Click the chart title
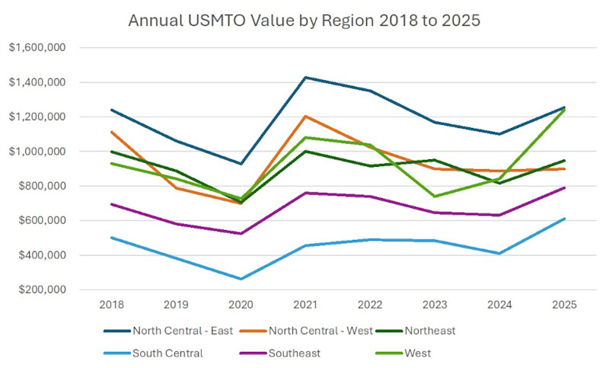point(304,20)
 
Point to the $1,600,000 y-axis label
point(39,48)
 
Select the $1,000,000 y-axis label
point(39,152)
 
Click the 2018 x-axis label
point(111,305)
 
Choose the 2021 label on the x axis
point(306,305)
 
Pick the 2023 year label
point(435,305)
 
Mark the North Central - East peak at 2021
point(306,77)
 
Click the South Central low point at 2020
point(241,279)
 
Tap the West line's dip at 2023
point(435,197)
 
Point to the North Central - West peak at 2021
point(306,117)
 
